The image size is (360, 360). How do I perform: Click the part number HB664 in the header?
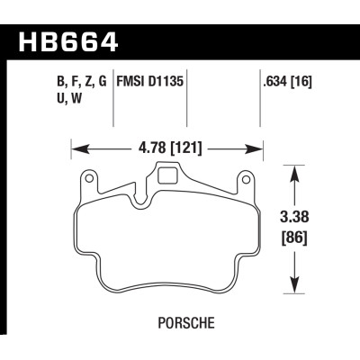[x=67, y=42]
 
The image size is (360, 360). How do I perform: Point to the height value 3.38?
[x=293, y=217]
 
